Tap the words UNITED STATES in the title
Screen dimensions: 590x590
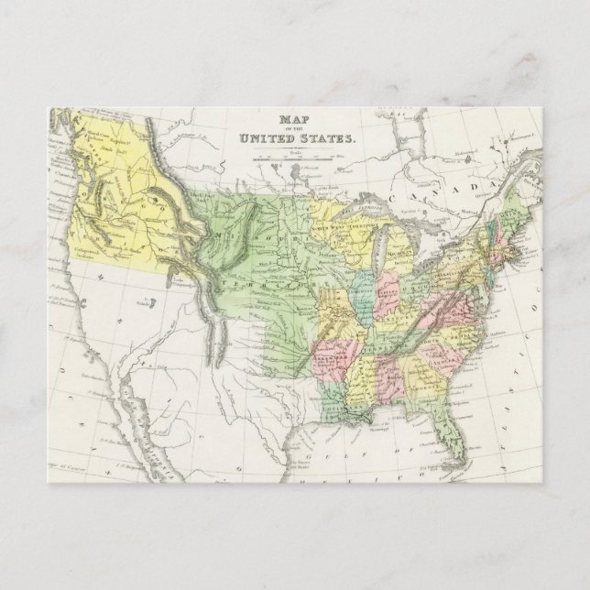pyautogui.click(x=295, y=138)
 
